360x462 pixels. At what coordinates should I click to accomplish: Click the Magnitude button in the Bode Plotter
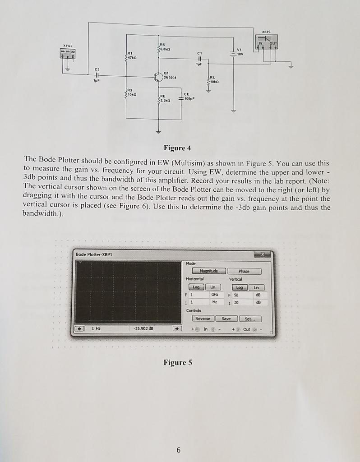pyautogui.click(x=208, y=271)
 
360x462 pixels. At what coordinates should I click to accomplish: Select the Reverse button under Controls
pyautogui.click(x=205, y=318)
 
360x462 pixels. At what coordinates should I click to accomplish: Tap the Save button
pyautogui.click(x=229, y=318)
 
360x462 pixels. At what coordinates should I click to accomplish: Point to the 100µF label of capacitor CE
pyautogui.click(x=189, y=97)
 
